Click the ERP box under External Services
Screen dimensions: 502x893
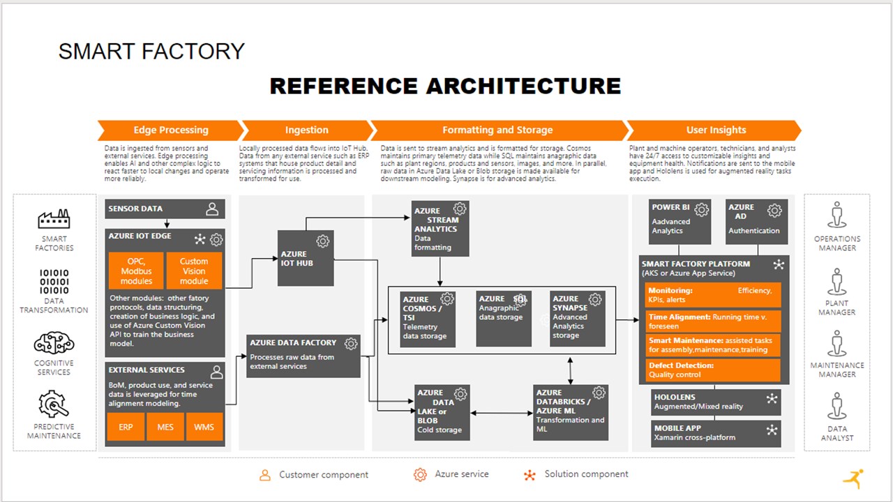point(126,427)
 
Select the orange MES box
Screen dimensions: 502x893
point(165,427)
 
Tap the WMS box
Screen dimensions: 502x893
point(204,427)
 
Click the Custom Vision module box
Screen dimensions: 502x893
point(194,271)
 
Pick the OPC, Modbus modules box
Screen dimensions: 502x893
point(136,271)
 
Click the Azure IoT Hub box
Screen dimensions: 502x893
point(306,258)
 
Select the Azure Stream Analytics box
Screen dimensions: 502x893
point(440,229)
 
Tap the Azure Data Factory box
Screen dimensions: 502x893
point(303,356)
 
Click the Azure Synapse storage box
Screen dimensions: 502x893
point(577,319)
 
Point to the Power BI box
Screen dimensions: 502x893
point(680,222)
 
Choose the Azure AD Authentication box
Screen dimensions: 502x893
point(757,222)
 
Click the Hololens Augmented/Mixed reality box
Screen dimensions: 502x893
point(715,402)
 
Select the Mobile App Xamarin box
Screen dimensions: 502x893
point(715,433)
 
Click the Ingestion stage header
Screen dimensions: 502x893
point(306,130)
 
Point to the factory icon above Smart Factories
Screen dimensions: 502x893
point(54,219)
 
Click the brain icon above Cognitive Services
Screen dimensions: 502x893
point(54,344)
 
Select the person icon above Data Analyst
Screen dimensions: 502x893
point(837,406)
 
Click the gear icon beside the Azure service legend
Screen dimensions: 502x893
point(420,475)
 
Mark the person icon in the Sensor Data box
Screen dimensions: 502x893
point(212,208)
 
